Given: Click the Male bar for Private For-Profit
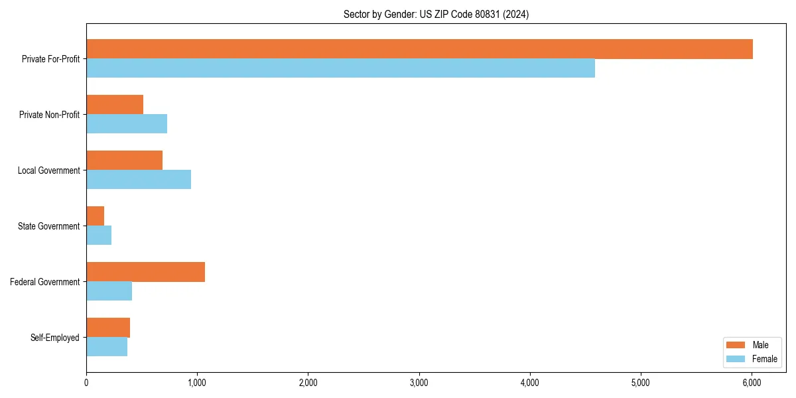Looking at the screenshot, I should tap(419, 49).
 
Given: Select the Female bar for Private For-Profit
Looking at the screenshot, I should tap(340, 68).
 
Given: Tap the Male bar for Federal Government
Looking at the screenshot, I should tap(145, 272).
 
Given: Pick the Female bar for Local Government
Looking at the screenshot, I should tap(139, 180).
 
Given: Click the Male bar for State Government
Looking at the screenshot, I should tap(95, 216).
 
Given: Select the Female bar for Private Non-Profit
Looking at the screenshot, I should tap(127, 124).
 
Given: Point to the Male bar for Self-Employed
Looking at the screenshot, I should tap(108, 328).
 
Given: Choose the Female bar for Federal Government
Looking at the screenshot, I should tap(109, 291).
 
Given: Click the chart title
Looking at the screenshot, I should tap(436, 14).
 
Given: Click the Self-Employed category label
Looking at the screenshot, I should tap(55, 338).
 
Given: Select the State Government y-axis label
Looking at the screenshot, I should tap(49, 226).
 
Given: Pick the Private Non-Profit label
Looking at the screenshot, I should tap(50, 115).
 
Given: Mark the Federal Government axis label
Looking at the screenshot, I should tap(45, 282).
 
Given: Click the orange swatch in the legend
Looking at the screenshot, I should tap(736, 345).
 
